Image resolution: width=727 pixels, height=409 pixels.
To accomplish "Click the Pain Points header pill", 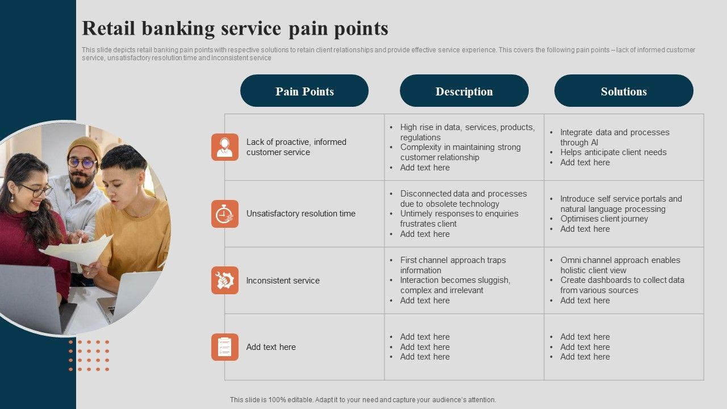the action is click(304, 91).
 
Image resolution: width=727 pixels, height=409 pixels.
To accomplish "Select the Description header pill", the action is click(464, 91).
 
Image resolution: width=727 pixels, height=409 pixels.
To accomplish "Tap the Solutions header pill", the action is click(624, 91).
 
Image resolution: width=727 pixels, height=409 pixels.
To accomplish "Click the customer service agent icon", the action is click(225, 147).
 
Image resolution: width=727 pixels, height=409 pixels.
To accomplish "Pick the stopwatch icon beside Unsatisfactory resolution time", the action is click(225, 214).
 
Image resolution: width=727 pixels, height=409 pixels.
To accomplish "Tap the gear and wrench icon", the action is click(225, 280).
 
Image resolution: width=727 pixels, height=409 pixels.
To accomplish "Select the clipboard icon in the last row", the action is click(225, 347).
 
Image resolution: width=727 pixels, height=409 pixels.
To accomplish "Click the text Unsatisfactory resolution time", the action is click(300, 214).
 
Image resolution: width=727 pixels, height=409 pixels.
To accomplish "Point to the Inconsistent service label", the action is click(283, 281).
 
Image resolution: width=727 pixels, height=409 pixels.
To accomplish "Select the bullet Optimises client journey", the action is click(604, 219).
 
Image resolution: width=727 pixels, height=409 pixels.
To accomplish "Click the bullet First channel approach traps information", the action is click(453, 265).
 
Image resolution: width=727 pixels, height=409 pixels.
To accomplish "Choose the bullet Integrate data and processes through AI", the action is click(615, 137).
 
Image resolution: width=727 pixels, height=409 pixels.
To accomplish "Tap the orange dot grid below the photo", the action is click(89, 356).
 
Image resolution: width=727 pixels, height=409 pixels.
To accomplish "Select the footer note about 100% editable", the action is click(363, 400).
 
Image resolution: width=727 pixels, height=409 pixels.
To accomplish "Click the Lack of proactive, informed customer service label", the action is click(296, 147).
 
